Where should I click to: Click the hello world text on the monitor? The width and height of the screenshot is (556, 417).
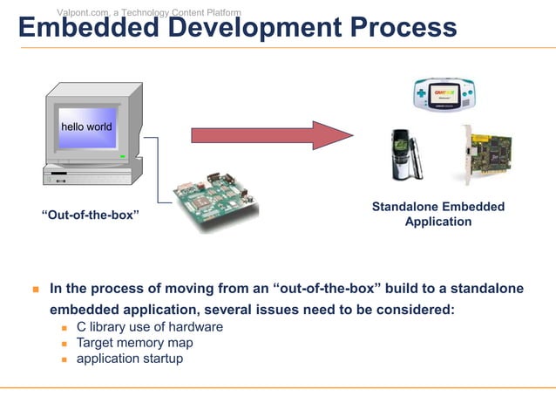[x=86, y=127]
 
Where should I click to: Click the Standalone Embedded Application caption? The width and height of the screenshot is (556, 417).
[x=437, y=215]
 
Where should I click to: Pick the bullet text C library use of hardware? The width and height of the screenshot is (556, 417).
[x=149, y=327]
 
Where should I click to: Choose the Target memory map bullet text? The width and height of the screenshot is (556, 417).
[x=134, y=343]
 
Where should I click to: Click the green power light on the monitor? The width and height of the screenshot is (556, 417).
[x=123, y=157]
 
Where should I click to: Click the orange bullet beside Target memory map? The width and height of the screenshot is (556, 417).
[x=64, y=344]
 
